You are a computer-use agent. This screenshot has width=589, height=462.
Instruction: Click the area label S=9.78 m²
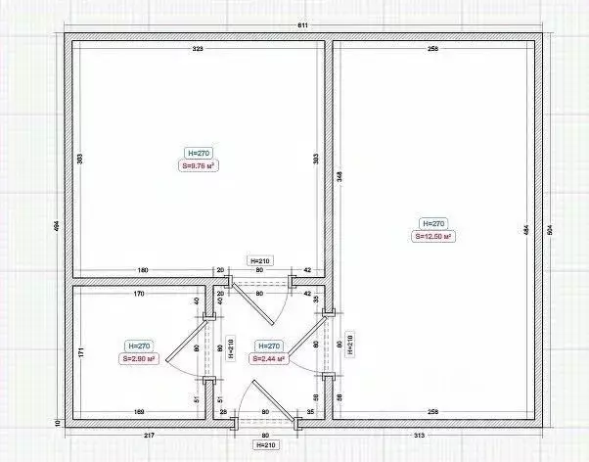[x=199, y=166]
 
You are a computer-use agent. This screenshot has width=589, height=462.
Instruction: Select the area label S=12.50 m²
[x=432, y=236]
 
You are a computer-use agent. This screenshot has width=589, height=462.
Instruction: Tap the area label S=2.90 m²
[x=140, y=359]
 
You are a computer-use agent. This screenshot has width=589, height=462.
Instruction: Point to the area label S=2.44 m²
[x=267, y=359]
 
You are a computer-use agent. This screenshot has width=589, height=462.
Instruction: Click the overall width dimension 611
[x=304, y=24]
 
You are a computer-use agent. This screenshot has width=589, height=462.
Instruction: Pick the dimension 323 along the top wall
[x=197, y=48]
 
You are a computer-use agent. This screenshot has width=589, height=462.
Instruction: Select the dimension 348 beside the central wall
[x=339, y=177]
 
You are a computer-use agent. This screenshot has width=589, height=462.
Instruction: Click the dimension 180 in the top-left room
[x=143, y=270]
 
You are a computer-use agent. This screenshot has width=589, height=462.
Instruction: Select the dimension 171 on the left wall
[x=81, y=350]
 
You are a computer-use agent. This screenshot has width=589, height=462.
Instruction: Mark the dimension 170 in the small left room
[x=139, y=293]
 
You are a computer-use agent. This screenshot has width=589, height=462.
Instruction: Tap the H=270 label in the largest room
[x=432, y=222]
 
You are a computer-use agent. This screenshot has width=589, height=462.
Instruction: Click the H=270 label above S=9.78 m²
[x=199, y=153]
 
